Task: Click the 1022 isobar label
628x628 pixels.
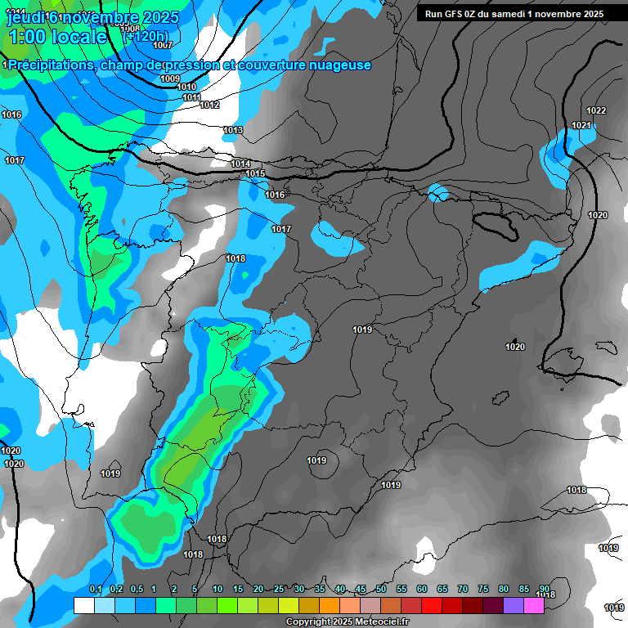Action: point(596,110)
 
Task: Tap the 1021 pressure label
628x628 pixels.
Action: point(581,125)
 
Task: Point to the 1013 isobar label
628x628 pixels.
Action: point(233,130)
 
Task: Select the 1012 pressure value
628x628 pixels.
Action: point(210,105)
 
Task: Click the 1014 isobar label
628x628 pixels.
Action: point(240,164)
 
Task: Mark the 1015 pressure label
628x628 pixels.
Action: point(255,173)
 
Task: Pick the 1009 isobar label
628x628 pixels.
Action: point(170,78)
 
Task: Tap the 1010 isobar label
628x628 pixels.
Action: point(186,87)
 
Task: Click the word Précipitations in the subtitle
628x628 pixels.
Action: point(50,65)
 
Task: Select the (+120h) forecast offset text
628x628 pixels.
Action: point(146,36)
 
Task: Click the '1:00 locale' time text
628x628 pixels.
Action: point(57,37)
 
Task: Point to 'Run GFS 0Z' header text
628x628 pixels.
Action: point(455,14)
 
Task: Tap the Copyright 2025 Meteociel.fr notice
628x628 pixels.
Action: point(348,622)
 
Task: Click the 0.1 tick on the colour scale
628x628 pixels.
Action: point(95,589)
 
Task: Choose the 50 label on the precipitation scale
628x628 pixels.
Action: point(381,589)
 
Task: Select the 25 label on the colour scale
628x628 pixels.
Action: point(279,589)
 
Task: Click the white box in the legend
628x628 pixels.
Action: point(83,605)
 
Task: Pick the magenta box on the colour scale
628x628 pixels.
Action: point(534,605)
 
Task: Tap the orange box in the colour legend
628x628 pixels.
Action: point(330,605)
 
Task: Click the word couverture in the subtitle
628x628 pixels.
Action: point(275,65)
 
